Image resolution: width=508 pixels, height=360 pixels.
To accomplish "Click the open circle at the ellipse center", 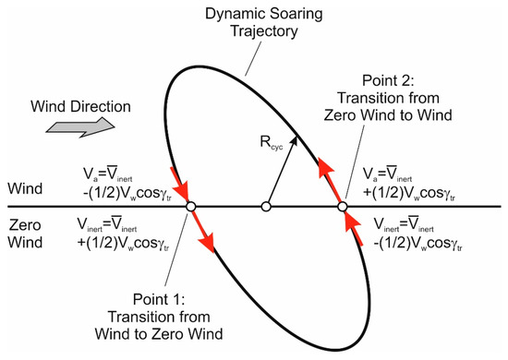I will click(266, 207).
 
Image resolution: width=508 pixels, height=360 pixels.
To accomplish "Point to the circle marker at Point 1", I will click(190, 207).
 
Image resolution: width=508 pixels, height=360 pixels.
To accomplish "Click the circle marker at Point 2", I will click(342, 207).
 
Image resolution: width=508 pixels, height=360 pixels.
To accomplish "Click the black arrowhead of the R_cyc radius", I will click(295, 138).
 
